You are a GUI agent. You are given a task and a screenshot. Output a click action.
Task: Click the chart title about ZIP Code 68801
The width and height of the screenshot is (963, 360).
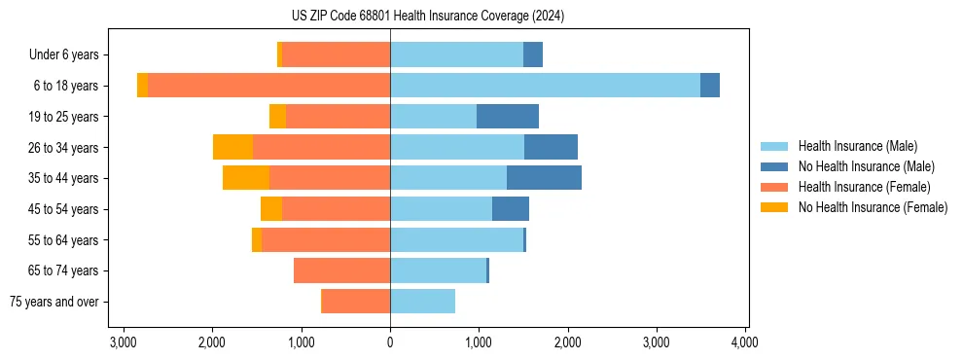pyautogui.click(x=428, y=17)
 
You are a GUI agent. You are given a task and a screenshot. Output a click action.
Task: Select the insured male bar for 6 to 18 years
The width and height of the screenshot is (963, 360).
pyautogui.click(x=545, y=86)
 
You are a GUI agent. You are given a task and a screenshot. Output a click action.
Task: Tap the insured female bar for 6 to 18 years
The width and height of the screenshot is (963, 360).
pyautogui.click(x=268, y=86)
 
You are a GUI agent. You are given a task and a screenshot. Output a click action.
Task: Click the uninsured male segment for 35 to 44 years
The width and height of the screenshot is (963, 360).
pyautogui.click(x=544, y=178)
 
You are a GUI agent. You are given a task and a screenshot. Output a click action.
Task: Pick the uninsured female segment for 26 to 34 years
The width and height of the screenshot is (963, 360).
pyautogui.click(x=232, y=147)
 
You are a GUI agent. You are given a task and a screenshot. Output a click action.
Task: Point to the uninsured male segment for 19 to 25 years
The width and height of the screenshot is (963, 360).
pyautogui.click(x=508, y=117)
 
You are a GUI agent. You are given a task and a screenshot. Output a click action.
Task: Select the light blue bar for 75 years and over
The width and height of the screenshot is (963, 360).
pyautogui.click(x=422, y=302)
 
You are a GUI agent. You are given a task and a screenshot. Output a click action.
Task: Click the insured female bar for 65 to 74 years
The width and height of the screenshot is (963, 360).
pyautogui.click(x=341, y=270)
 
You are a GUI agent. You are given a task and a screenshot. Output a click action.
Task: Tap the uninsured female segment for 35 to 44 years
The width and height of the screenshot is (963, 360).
pyautogui.click(x=246, y=178)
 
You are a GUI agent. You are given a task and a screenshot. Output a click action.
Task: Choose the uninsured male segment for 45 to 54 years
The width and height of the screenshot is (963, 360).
pyautogui.click(x=511, y=209)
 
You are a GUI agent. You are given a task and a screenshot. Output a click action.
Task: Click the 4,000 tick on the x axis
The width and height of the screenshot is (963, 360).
pyautogui.click(x=745, y=342)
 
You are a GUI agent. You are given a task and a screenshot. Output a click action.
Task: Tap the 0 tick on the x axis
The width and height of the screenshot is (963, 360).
pyautogui.click(x=390, y=342)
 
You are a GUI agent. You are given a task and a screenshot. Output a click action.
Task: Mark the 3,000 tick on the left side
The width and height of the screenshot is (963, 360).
pyautogui.click(x=124, y=342)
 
